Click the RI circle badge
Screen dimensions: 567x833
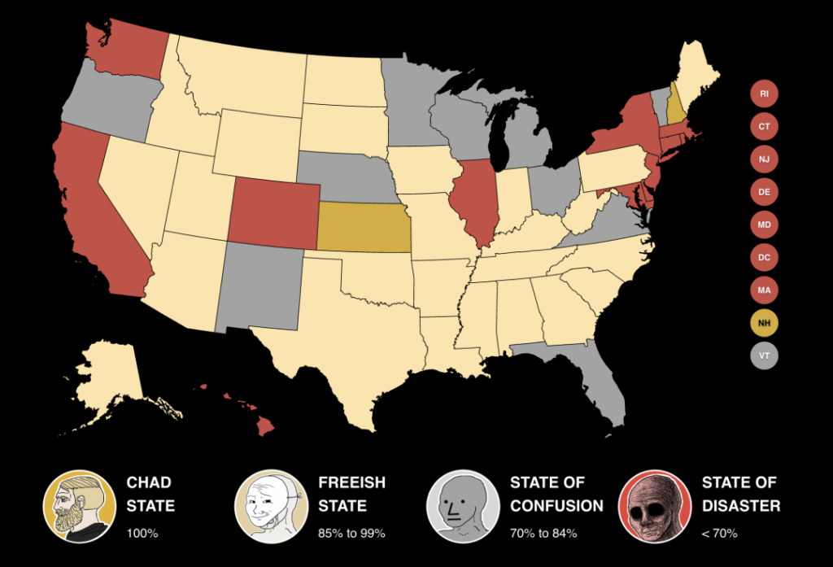[x=764, y=94]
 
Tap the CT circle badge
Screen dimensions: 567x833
[x=764, y=126]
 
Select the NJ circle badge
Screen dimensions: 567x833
[x=764, y=159]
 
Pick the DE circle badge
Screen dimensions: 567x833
[x=764, y=192]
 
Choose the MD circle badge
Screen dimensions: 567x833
[x=764, y=225]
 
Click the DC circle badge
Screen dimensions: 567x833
[x=764, y=258]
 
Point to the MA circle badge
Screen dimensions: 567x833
[x=764, y=290]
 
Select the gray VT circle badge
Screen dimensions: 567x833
[x=764, y=356]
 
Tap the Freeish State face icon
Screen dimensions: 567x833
[x=270, y=506]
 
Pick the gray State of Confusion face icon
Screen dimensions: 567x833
[x=462, y=506]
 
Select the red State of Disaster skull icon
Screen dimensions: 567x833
[x=654, y=506]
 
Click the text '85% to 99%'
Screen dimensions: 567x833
[x=351, y=534]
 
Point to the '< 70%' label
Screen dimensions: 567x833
[x=719, y=534]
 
